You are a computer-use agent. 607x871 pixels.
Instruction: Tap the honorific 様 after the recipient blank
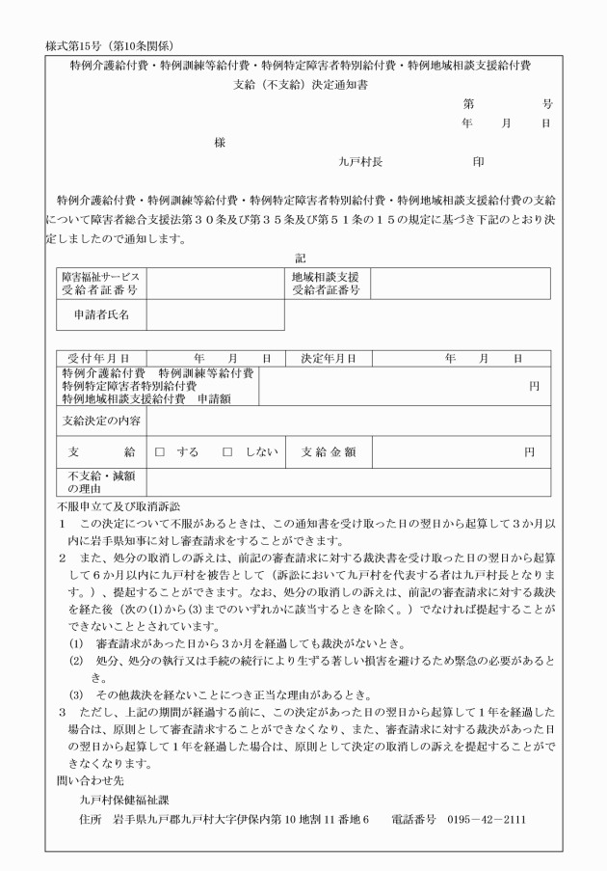[x=220, y=142]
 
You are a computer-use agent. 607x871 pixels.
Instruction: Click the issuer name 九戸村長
[x=360, y=163]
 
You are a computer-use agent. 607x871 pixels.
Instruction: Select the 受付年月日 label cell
[x=99, y=358]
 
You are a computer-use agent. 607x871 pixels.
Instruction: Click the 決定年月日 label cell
[x=329, y=358]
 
